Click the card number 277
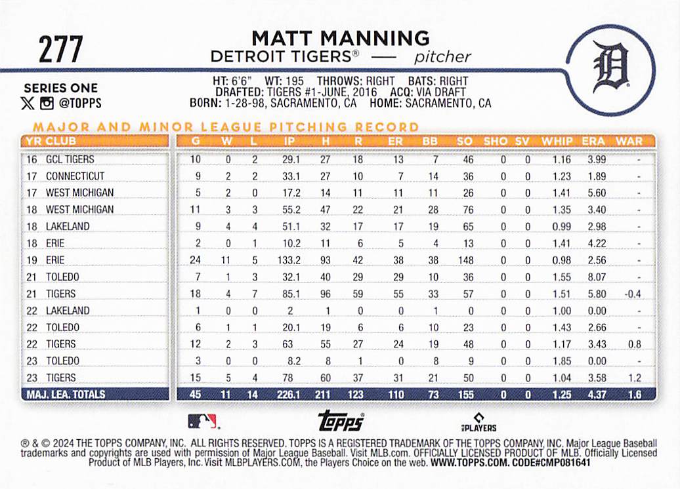(60, 49)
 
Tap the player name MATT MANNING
(340, 38)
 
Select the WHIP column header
(557, 141)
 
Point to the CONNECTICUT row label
(75, 176)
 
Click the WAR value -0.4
(632, 294)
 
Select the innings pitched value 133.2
(288, 260)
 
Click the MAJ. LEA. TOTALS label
(64, 395)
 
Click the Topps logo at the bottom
(340, 420)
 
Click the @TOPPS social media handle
(79, 103)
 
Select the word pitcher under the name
(442, 57)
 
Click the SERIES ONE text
(60, 88)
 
